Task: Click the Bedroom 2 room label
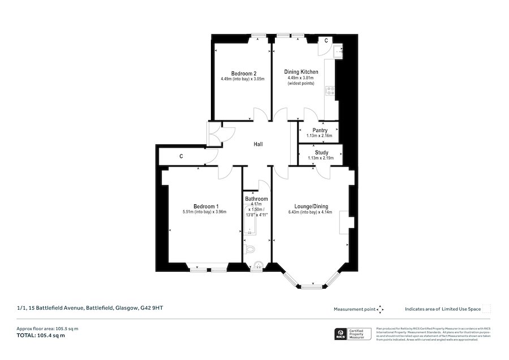coord(244,73)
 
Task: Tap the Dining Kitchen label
coord(303,72)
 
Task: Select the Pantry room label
coord(320,131)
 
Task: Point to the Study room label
coord(321,153)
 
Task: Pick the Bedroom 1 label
coord(205,206)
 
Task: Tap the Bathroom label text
coord(256,199)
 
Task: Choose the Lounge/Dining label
coord(311,206)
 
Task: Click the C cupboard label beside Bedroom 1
coord(181,156)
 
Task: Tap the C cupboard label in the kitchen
coord(326,40)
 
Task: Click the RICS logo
coord(341,333)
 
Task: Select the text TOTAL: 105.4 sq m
coord(41,336)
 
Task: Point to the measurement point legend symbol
coord(380,309)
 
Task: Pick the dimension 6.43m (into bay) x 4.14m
coord(311,212)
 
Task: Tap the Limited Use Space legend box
coord(486,308)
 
